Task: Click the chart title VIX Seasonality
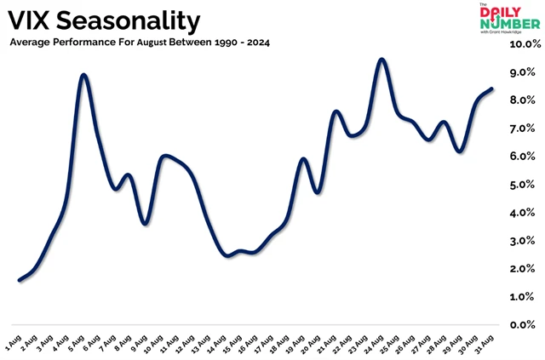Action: (105, 20)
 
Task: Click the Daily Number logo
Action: (509, 19)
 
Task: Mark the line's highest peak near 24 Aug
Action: (381, 59)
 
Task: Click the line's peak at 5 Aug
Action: (83, 75)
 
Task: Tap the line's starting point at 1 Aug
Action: (20, 280)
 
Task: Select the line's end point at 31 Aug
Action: (492, 89)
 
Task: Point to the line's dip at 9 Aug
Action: (146, 224)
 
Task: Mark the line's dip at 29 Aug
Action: (460, 151)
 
